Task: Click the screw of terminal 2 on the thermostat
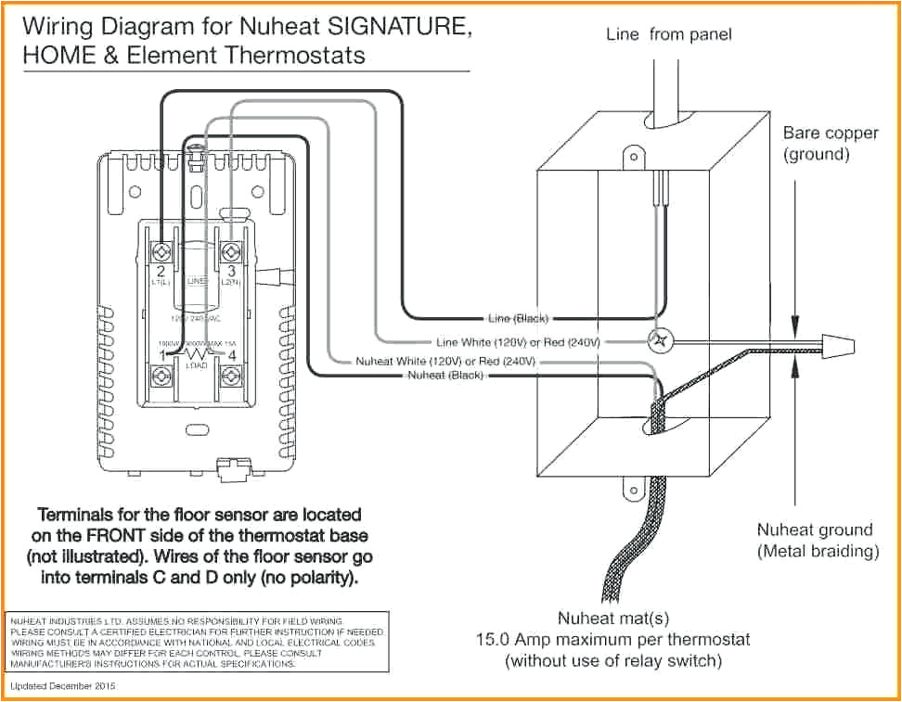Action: pos(163,251)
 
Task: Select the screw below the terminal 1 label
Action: pos(163,376)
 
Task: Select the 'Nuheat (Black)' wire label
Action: pos(446,375)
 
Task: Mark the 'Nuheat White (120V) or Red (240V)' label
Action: pos(447,361)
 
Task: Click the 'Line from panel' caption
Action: pos(668,34)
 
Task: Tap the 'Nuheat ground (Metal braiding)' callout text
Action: pos(818,541)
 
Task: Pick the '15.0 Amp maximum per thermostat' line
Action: pos(612,639)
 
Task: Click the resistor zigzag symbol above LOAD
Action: pos(197,355)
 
